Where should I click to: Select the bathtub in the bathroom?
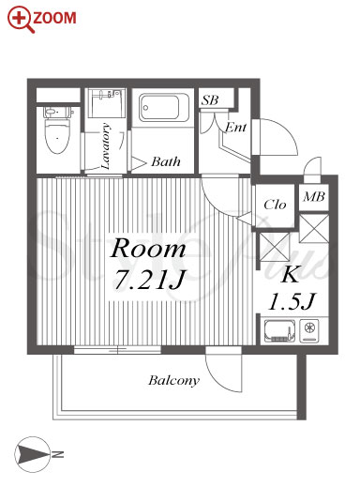point(164,108)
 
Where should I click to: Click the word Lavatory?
point(106,146)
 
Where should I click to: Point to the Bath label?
point(166,161)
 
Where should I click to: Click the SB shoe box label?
point(210,100)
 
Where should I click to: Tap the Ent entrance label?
point(235,127)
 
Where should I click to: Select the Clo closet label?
point(275,205)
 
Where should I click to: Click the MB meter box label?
point(314,196)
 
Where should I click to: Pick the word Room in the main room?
point(148,249)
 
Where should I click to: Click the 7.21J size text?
point(149,280)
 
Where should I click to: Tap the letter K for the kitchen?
point(291,274)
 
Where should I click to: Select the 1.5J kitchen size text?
point(292,301)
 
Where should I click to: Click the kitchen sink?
point(279,330)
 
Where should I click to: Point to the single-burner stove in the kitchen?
point(309,330)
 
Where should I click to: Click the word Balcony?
point(173,381)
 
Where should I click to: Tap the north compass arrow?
point(32,454)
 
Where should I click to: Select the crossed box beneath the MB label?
point(314,228)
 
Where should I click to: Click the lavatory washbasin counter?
point(107,103)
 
